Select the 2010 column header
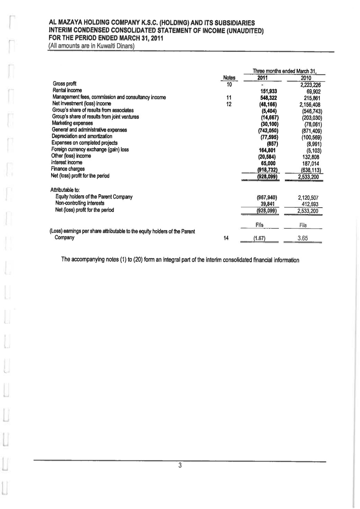tap(306, 78)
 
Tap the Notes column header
tap(229, 78)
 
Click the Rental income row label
tap(67, 90)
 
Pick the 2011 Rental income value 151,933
tap(268, 91)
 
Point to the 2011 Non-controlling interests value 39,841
tap(268, 204)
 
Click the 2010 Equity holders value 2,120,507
tap(308, 198)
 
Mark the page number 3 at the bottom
tap(180, 465)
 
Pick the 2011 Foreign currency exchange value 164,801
tap(268, 151)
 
